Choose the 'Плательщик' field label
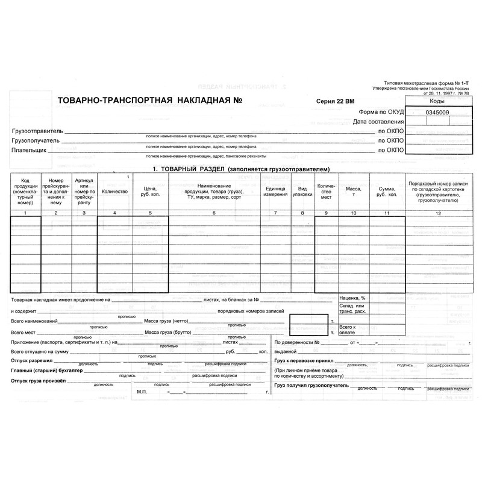click(29, 150)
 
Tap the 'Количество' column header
click(115, 191)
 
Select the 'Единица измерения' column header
click(275, 190)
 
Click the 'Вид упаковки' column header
click(302, 190)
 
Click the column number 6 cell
click(213, 213)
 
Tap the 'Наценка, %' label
click(352, 298)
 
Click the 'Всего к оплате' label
click(349, 330)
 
